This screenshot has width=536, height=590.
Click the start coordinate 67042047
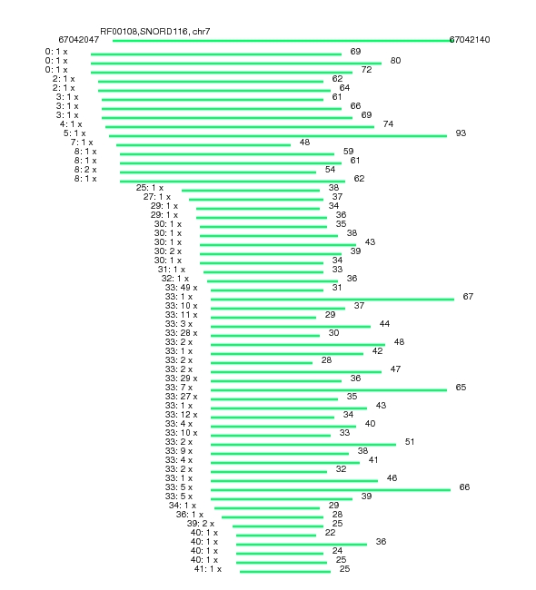pos(79,40)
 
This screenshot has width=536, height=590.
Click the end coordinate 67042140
pos(470,40)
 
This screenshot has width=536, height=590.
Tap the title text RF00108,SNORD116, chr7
pos(155,31)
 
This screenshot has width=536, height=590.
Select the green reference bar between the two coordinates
pos(282,41)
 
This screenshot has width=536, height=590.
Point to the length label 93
pos(461,133)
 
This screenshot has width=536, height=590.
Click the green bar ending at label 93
pos(278,136)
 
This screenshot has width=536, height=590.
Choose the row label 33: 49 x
pos(181,288)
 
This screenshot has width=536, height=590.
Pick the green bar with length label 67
pos(333,300)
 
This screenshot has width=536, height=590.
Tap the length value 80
pos(395,61)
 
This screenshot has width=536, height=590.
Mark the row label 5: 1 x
pos(74,133)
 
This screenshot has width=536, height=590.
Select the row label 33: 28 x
pos(181,333)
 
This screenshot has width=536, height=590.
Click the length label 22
pos(330,533)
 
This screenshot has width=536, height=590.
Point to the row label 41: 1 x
pos(208,569)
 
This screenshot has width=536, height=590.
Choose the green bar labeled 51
pos(303,445)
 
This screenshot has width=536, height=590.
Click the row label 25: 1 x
pos(150,187)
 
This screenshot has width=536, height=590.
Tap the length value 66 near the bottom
pos(464,487)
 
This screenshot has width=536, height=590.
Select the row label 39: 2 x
pos(201,524)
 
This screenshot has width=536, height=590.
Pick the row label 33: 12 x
pos(181,415)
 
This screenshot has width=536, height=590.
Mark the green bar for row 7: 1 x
pos(203,145)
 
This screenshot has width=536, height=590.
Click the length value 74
pos(388,124)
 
